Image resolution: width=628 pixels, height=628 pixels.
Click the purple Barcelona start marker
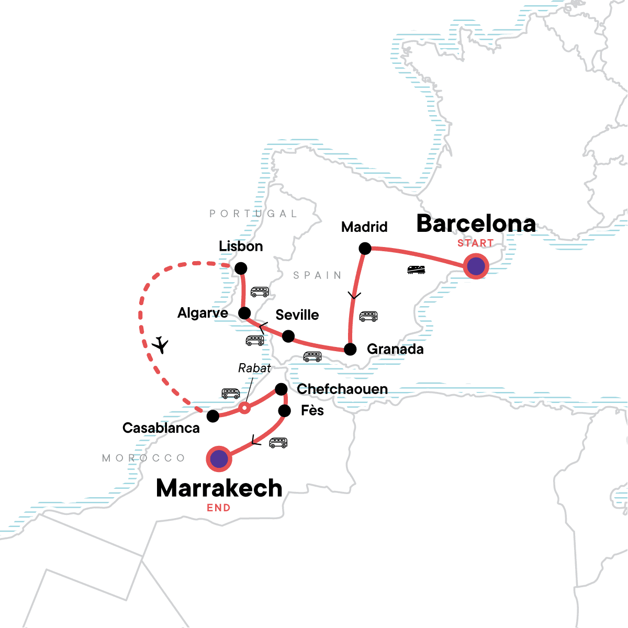coord(476,266)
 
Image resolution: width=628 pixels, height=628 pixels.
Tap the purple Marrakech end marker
coord(219,459)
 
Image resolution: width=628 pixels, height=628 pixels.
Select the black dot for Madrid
coord(365,249)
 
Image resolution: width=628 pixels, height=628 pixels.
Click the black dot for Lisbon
coord(241,268)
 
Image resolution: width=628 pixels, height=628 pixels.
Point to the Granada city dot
coord(350,349)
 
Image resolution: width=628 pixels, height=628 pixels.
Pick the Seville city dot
coord(288,336)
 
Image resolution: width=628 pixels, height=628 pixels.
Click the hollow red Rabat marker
coord(244,408)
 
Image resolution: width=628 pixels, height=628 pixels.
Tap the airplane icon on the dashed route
coord(161,345)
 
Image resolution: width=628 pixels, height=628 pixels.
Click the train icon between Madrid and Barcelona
coord(416,270)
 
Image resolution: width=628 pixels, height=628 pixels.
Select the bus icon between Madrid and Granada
coord(368,316)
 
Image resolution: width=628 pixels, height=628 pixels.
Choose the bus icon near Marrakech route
coord(278,443)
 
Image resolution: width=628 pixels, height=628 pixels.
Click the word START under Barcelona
coord(475,243)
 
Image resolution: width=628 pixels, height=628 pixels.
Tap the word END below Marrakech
coord(218,508)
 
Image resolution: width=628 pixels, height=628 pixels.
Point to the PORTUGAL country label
coord(253,214)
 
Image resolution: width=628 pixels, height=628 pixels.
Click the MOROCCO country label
coord(144,458)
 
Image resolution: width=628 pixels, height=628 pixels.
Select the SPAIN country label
coord(317,275)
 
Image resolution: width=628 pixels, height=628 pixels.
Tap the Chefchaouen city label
coord(342,389)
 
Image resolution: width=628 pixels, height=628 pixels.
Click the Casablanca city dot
coord(213,416)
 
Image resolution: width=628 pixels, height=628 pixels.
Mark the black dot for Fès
coord(284,411)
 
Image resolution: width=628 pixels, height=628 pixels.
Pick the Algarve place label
coord(203,313)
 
